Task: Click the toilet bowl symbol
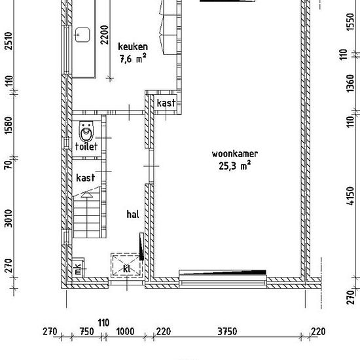coord(86,132)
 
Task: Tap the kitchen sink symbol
coord(82,35)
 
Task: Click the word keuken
coord(133,46)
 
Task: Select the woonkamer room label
coord(234,154)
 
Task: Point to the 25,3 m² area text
coord(234,166)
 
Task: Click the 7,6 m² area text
coord(133,58)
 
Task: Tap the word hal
coord(133,215)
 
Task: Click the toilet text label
coord(86,147)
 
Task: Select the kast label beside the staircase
coord(85,178)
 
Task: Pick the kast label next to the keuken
coord(166,103)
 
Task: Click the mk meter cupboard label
coord(78,269)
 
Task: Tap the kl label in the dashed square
coord(127,269)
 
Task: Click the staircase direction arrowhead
coord(87,194)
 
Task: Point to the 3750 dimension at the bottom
coord(227,332)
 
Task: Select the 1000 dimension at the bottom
coord(125,332)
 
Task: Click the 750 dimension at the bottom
coord(87,332)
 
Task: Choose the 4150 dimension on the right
coord(350,196)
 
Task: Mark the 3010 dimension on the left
coord(9,219)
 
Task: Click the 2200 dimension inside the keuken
coord(104,35)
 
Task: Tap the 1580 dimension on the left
coord(9,126)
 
